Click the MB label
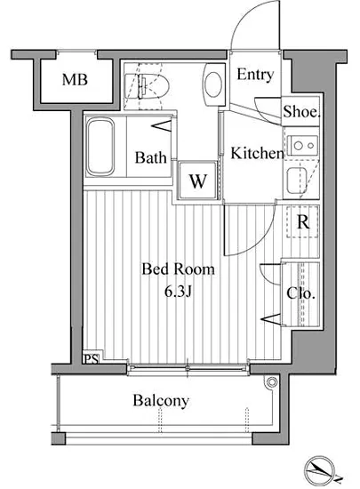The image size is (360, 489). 75,81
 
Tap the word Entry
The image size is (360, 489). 255,76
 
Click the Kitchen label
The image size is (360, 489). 257,154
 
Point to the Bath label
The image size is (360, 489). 150,158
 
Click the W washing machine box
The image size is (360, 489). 197,181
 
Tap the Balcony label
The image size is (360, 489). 161,401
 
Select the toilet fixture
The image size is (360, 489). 152,84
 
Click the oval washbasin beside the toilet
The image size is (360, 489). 213,84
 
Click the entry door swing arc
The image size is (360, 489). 252,27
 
